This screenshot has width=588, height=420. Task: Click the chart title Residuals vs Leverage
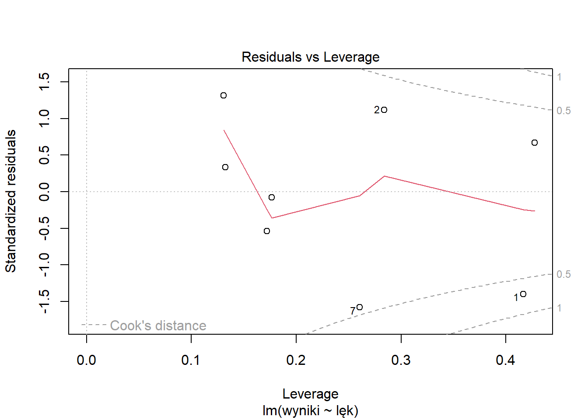click(310, 57)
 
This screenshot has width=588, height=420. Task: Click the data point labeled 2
click(384, 110)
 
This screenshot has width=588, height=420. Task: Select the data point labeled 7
click(360, 307)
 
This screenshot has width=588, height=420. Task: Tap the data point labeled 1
click(523, 294)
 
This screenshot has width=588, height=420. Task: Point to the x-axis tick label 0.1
click(191, 360)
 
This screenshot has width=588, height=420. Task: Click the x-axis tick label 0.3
click(401, 360)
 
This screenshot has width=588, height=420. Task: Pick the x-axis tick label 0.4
click(505, 360)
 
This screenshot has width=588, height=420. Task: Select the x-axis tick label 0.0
click(86, 360)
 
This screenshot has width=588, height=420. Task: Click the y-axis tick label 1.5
click(45, 82)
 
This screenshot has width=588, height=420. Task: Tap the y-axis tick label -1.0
click(45, 265)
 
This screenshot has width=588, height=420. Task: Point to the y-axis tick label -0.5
click(45, 228)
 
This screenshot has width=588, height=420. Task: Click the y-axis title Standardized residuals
click(10, 201)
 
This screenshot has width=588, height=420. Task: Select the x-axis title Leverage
click(310, 394)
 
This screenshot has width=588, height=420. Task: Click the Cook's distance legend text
click(158, 325)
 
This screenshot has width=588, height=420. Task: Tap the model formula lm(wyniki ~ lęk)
click(310, 410)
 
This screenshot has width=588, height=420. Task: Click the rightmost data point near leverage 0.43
click(535, 143)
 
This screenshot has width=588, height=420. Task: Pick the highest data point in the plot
click(224, 95)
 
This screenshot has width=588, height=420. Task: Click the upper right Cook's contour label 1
click(559, 77)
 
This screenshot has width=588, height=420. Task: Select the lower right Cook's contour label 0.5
click(563, 274)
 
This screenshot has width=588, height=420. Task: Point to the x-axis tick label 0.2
click(296, 360)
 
